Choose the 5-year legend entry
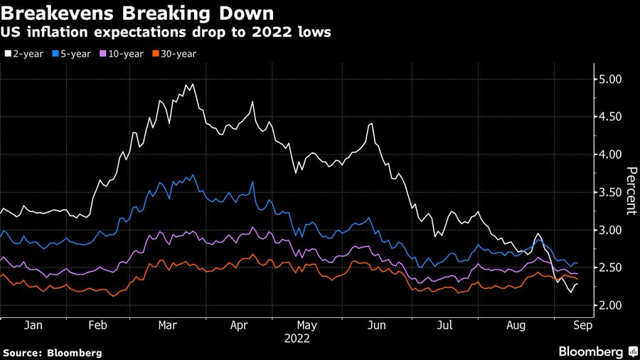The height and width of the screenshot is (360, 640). (x=76, y=53)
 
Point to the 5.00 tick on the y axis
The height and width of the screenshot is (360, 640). (x=609, y=79)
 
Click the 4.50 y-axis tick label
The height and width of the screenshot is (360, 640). (x=609, y=117)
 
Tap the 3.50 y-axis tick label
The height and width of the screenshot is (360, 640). (x=609, y=192)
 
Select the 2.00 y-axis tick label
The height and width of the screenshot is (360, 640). (x=609, y=305)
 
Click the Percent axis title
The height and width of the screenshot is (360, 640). (x=631, y=191)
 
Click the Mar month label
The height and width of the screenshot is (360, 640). (x=168, y=324)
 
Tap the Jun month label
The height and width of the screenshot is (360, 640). (x=376, y=324)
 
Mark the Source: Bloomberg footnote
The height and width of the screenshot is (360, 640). (x=52, y=352)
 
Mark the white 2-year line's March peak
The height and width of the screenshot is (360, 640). (x=192, y=84)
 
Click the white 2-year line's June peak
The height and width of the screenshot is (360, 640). (x=371, y=124)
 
